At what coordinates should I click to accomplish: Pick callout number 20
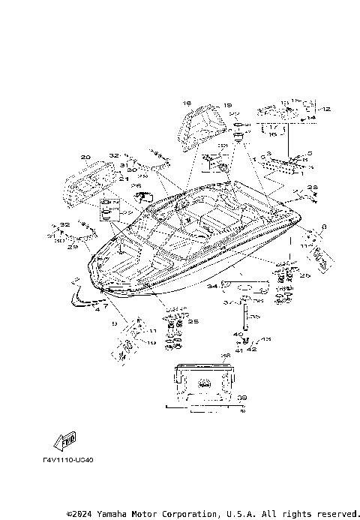(x=85, y=158)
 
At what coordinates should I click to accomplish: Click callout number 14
(x=312, y=119)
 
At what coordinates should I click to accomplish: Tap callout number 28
(x=312, y=187)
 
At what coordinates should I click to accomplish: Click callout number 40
(x=238, y=335)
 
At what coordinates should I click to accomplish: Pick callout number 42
(x=252, y=348)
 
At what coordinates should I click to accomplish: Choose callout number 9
(x=115, y=323)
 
